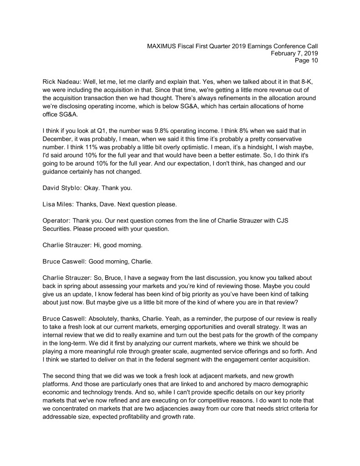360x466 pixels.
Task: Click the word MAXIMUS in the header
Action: (x=163, y=46)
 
